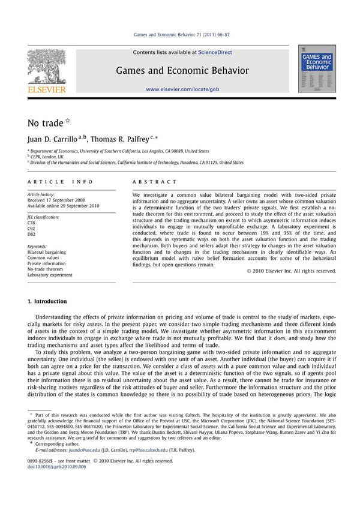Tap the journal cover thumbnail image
(317, 68)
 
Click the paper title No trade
(46, 123)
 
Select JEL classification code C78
(32, 222)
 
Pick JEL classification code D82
(32, 234)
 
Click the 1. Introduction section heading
(47, 301)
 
